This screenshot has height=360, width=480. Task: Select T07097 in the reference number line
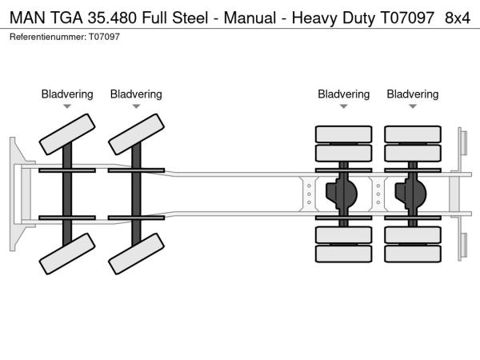(x=103, y=37)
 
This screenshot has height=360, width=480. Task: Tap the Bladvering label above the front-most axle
(x=67, y=94)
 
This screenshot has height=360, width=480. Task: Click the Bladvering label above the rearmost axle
(x=413, y=94)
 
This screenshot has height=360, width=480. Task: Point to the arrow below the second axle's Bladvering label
(x=136, y=106)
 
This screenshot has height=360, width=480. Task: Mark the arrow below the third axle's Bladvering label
(x=344, y=106)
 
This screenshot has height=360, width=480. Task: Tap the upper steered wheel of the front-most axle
(x=66, y=133)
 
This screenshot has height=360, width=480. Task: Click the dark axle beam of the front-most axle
(x=67, y=194)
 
